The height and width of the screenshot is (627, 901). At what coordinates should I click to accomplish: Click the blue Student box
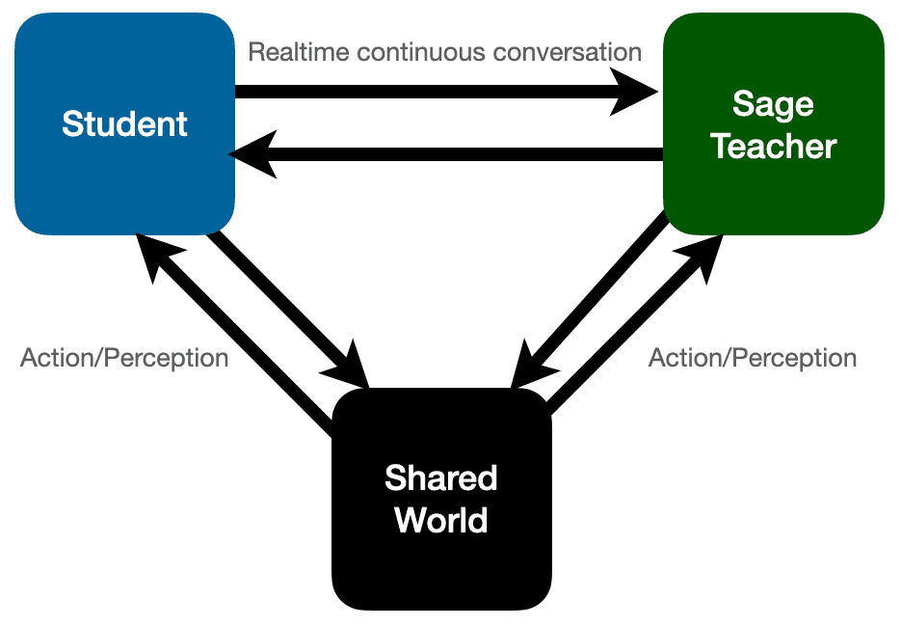pos(124,123)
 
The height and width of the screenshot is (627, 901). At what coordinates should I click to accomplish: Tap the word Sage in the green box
pos(773,104)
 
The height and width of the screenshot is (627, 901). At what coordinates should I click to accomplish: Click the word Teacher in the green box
pos(773,147)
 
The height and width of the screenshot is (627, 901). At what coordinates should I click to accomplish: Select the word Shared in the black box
pos(440,477)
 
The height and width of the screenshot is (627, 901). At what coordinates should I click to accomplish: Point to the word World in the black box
pos(440,520)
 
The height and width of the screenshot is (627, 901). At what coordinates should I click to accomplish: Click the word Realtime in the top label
pos(299,51)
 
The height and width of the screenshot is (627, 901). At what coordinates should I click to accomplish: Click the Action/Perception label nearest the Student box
pos(124,358)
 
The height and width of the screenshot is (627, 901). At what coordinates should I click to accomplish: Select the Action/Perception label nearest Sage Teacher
pos(752,358)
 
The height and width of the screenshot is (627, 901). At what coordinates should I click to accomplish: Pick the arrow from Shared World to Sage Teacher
pos(636,328)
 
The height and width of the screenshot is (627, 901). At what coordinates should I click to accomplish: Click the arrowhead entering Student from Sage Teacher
pos(252,154)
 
